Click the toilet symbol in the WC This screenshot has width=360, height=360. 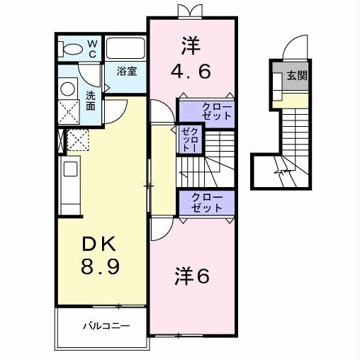pos(74,50)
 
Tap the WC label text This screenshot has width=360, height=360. pos(93,48)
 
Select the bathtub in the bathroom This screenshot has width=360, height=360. pos(125,50)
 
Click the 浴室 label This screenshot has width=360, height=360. pos(128,72)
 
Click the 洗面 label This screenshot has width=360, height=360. pos(91,100)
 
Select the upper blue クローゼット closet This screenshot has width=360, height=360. pos(206,111)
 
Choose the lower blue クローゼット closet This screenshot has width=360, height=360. pos(206,203)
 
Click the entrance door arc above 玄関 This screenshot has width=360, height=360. pos(293,49)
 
